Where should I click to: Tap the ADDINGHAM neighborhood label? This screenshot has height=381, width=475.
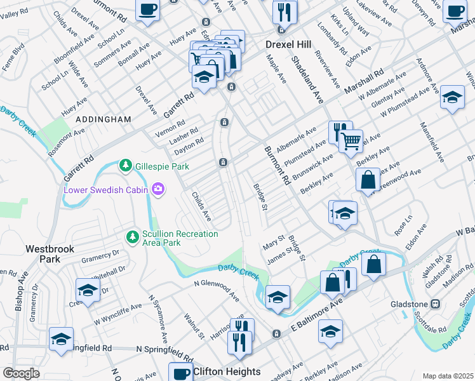[x=104, y=119]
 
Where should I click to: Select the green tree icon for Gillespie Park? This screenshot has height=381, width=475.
[x=126, y=166]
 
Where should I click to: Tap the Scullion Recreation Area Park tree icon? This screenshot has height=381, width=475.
[x=132, y=237]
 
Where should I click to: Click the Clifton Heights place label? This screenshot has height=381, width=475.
[x=227, y=371]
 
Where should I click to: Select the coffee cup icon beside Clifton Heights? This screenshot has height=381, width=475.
[x=181, y=371]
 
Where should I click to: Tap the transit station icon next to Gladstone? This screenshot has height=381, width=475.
[x=436, y=304]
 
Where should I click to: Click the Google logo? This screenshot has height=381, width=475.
[x=20, y=373]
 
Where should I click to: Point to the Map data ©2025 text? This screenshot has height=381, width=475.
[x=447, y=376]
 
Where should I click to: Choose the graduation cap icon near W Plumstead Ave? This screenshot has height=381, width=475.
[x=452, y=97]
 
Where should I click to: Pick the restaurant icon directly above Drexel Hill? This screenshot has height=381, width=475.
[x=283, y=11]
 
